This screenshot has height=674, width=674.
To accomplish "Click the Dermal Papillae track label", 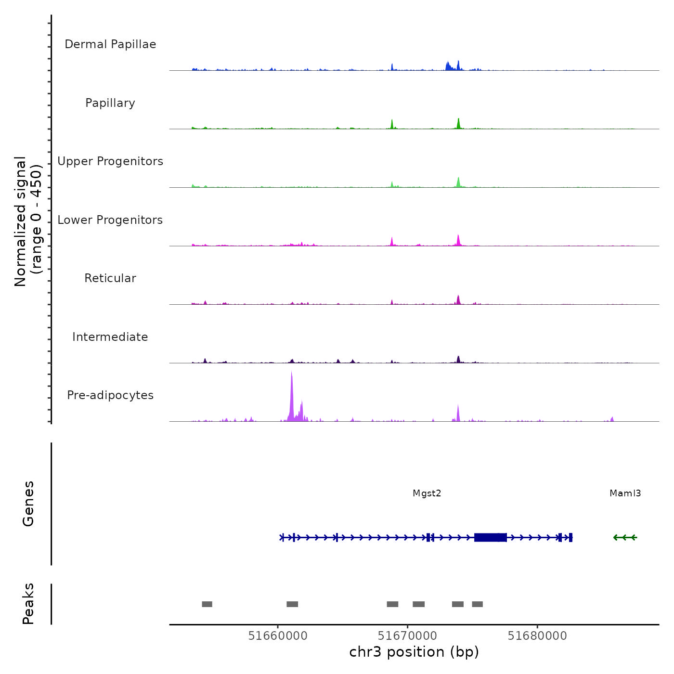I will (110, 44).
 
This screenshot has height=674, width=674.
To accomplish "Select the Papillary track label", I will (110, 103).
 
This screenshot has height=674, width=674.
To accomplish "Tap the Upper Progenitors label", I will (110, 161).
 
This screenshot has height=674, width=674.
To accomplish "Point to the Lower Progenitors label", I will (110, 220).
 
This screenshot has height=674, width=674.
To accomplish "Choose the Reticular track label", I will (110, 278).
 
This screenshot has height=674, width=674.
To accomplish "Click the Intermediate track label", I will (110, 337).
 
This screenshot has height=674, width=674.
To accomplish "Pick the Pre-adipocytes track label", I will (110, 395).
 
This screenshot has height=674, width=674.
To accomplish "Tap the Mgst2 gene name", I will (427, 493).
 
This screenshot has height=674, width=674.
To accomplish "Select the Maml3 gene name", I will (625, 493).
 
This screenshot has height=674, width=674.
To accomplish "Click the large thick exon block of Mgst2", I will (490, 537).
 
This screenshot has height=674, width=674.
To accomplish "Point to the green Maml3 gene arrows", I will (625, 537).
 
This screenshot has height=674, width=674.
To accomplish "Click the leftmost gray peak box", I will (207, 604).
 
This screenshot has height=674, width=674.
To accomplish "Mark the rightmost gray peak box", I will (477, 604).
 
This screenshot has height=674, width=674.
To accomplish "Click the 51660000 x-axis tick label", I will (278, 636).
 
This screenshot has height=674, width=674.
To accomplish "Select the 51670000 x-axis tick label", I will (408, 636).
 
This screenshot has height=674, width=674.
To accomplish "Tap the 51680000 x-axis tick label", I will (537, 636).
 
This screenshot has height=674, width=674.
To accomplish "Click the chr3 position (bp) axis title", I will (414, 652).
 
